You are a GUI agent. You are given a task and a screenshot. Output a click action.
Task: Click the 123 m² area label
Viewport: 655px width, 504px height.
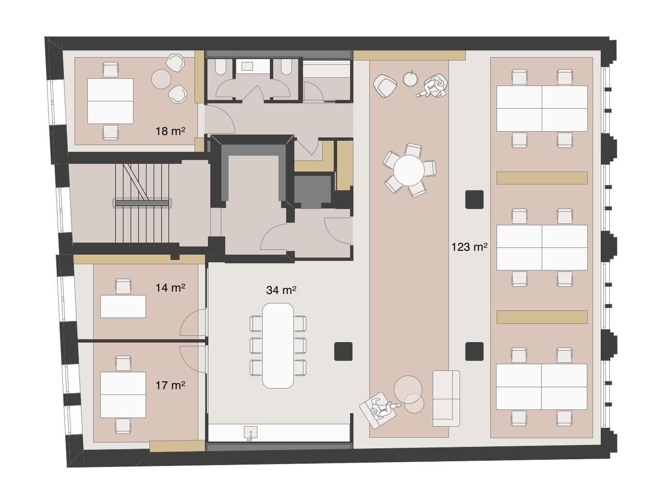tap(469, 247)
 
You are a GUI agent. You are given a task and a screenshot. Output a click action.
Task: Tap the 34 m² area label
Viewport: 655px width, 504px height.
tap(281, 290)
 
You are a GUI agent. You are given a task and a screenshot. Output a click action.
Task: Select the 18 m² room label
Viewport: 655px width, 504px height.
tap(170, 131)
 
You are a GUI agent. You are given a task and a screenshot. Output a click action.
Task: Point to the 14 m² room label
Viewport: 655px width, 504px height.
tap(170, 288)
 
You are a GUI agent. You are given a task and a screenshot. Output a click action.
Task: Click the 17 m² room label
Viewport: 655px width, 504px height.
tap(170, 385)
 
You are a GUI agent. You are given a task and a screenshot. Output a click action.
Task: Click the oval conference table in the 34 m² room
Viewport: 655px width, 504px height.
tap(278, 345)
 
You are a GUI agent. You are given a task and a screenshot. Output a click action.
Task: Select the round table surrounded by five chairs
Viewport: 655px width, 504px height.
tap(409, 170)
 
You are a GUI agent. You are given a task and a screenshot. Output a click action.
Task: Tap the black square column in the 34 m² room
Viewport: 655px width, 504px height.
tap(343, 351)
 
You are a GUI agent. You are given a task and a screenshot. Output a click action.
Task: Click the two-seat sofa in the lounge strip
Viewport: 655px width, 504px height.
tap(446, 398)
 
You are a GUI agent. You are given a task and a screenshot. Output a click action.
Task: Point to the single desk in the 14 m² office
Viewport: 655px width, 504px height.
tap(123, 307)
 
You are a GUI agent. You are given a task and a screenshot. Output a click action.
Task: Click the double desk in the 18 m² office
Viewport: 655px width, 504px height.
tap(110, 101)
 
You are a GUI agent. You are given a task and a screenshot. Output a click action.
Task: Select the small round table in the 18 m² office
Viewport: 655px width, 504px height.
tap(161, 79)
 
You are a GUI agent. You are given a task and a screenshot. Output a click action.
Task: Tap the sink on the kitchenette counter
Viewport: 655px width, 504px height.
tap(250, 432)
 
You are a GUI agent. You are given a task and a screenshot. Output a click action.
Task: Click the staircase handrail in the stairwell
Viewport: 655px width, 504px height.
tap(142, 203)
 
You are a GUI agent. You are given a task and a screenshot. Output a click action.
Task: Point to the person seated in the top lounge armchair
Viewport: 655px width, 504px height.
tap(435, 86)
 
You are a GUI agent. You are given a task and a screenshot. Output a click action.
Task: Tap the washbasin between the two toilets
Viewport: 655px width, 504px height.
tap(247, 66)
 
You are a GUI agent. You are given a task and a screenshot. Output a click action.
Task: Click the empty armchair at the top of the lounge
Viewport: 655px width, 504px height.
tap(385, 86)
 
